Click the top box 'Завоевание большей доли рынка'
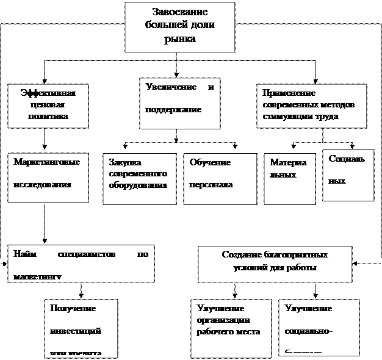tap(179, 27)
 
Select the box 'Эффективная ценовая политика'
tap(48, 106)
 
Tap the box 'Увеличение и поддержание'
tap(179, 103)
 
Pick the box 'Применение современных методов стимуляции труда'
tap(311, 106)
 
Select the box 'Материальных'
tap(289, 178)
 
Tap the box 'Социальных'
tap(348, 175)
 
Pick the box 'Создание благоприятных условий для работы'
tap(275, 264)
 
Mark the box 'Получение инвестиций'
tap(81, 329)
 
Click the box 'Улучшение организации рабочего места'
tap(231, 329)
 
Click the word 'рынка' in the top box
tap(180, 38)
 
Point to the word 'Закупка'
tap(125, 162)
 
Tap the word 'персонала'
tap(211, 184)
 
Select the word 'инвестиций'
tap(76, 331)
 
